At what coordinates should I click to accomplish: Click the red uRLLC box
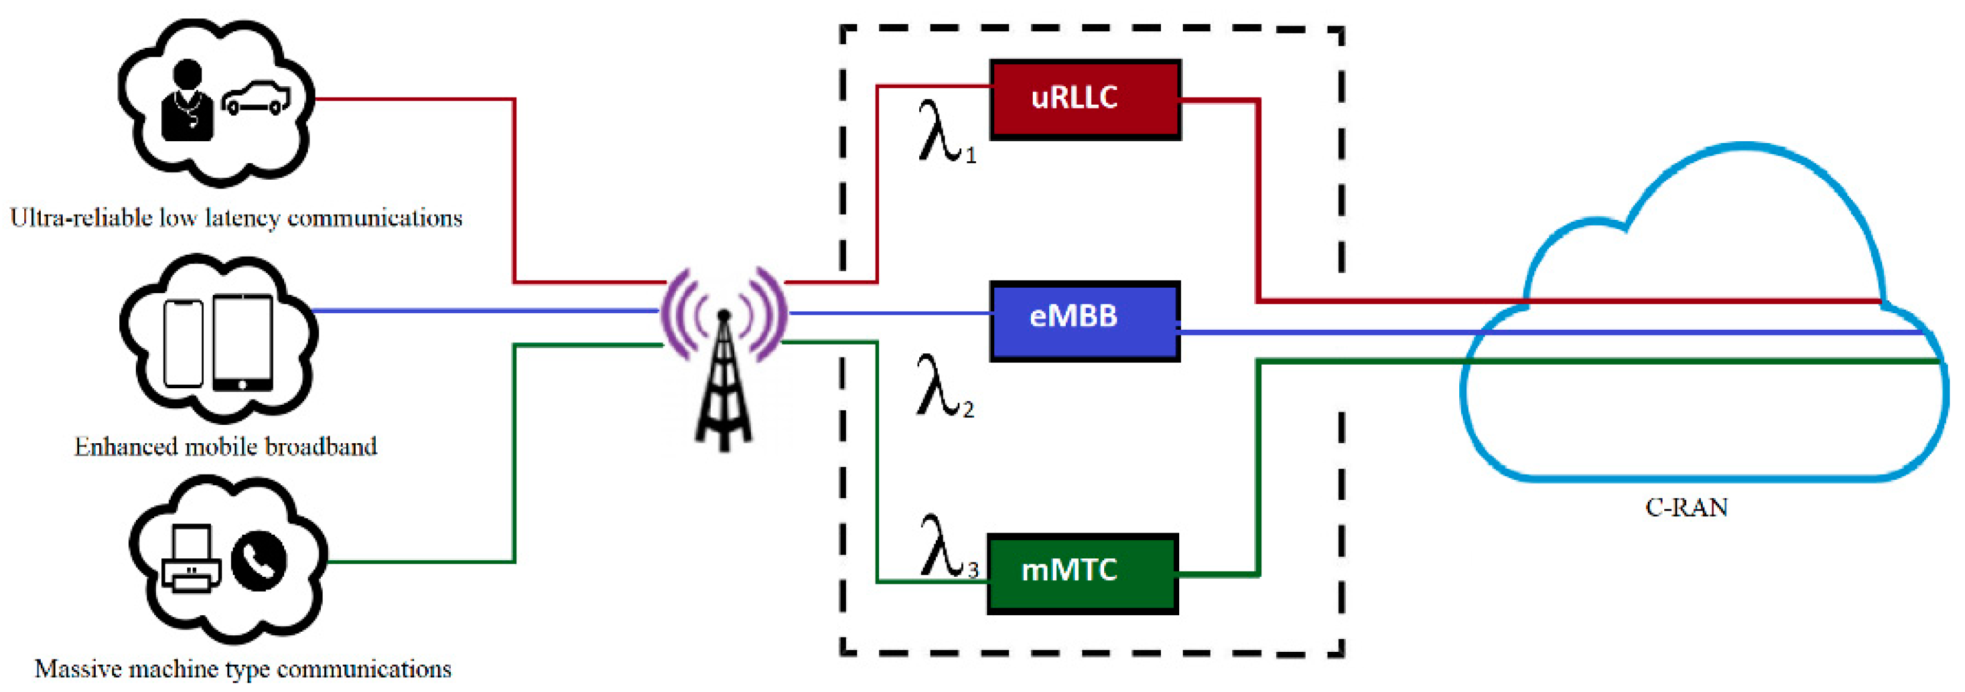1085,99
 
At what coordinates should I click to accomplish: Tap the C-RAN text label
1686,508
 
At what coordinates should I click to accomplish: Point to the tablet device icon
243,342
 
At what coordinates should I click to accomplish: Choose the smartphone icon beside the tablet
184,343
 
